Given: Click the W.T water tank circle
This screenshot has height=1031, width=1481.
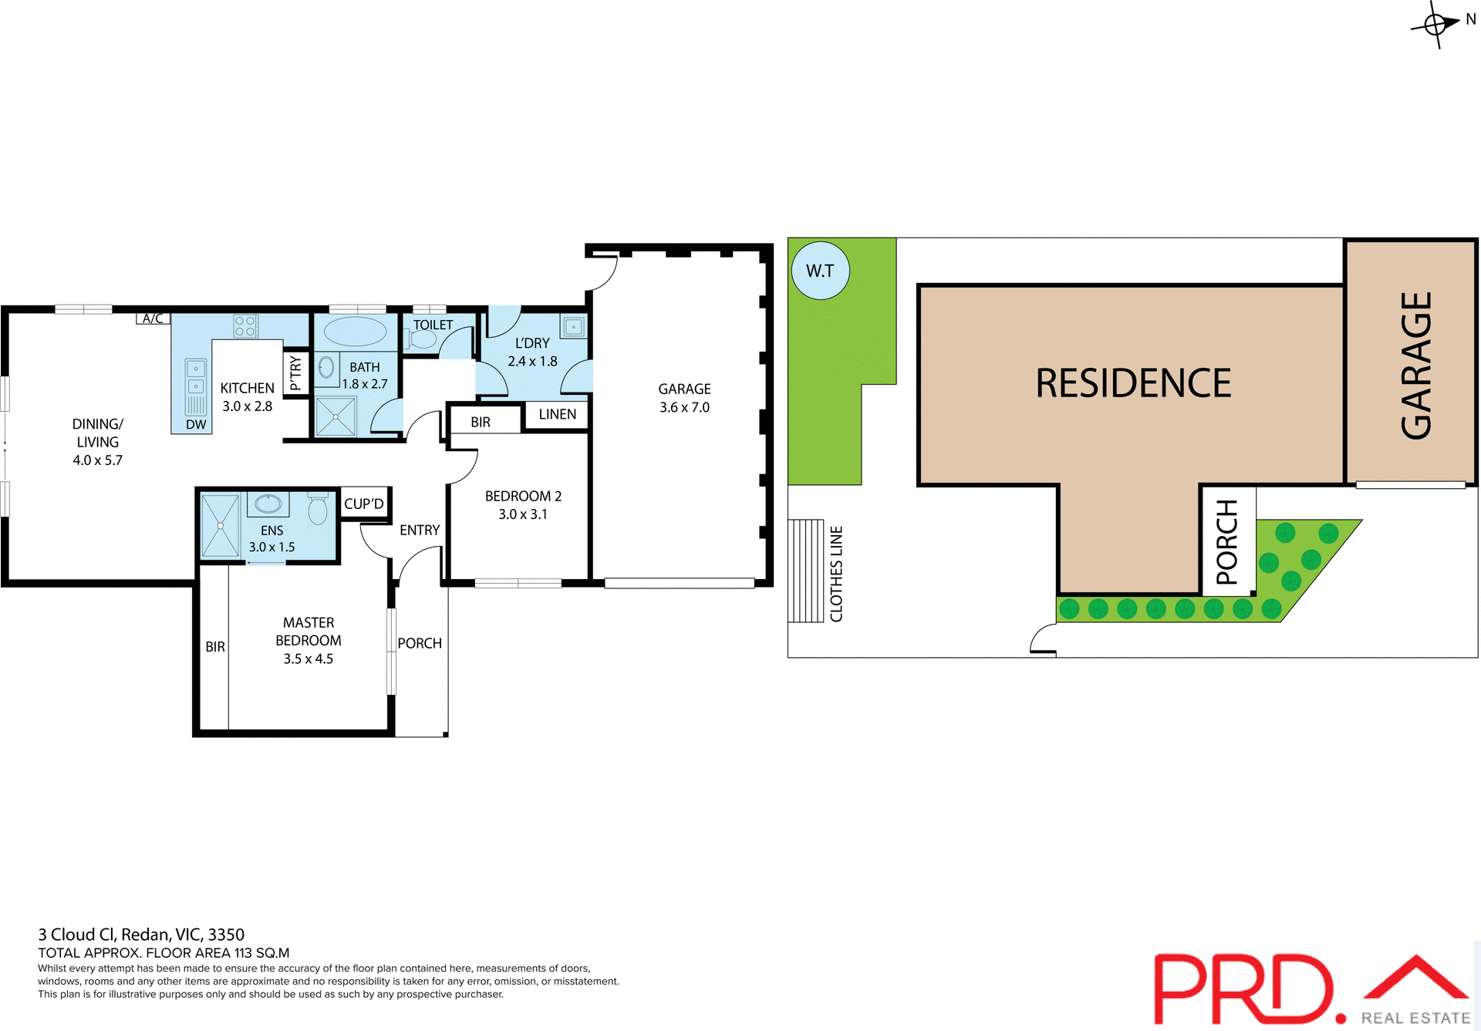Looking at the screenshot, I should pyautogui.click(x=820, y=271).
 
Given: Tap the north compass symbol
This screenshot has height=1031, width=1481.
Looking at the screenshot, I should pyautogui.click(x=1436, y=25).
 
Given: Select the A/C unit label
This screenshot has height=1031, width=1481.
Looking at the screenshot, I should pyautogui.click(x=153, y=318).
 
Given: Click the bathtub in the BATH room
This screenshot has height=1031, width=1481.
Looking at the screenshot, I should pyautogui.click(x=355, y=332).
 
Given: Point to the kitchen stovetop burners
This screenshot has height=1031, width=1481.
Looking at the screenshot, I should pyautogui.click(x=245, y=326).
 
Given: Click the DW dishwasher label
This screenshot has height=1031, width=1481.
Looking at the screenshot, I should pyautogui.click(x=196, y=425).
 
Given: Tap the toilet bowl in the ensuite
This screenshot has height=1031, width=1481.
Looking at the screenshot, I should pyautogui.click(x=318, y=509).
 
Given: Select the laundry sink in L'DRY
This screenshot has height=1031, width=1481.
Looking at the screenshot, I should pyautogui.click(x=573, y=327).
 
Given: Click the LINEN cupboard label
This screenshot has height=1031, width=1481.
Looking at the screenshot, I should pyautogui.click(x=557, y=414).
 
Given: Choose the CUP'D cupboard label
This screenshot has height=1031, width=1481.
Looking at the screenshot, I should pyautogui.click(x=363, y=504).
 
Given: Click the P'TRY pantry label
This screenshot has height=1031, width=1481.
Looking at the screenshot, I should pyautogui.click(x=296, y=372).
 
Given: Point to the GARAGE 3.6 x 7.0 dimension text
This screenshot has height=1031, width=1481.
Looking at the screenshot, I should pyautogui.click(x=684, y=407).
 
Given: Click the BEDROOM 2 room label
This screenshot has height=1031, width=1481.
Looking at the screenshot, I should pyautogui.click(x=523, y=496).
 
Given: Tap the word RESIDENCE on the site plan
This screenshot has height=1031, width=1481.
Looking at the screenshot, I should pyautogui.click(x=1133, y=383).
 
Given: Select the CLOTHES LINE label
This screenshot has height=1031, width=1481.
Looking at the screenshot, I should pyautogui.click(x=836, y=573).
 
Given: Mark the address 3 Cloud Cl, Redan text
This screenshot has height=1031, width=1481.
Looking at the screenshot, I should pyautogui.click(x=141, y=935).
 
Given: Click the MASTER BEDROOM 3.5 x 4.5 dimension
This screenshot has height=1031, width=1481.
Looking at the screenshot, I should pyautogui.click(x=308, y=659).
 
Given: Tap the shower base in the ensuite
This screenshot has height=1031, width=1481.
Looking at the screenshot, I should pyautogui.click(x=220, y=525).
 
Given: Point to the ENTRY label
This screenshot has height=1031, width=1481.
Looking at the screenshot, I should pyautogui.click(x=420, y=530).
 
